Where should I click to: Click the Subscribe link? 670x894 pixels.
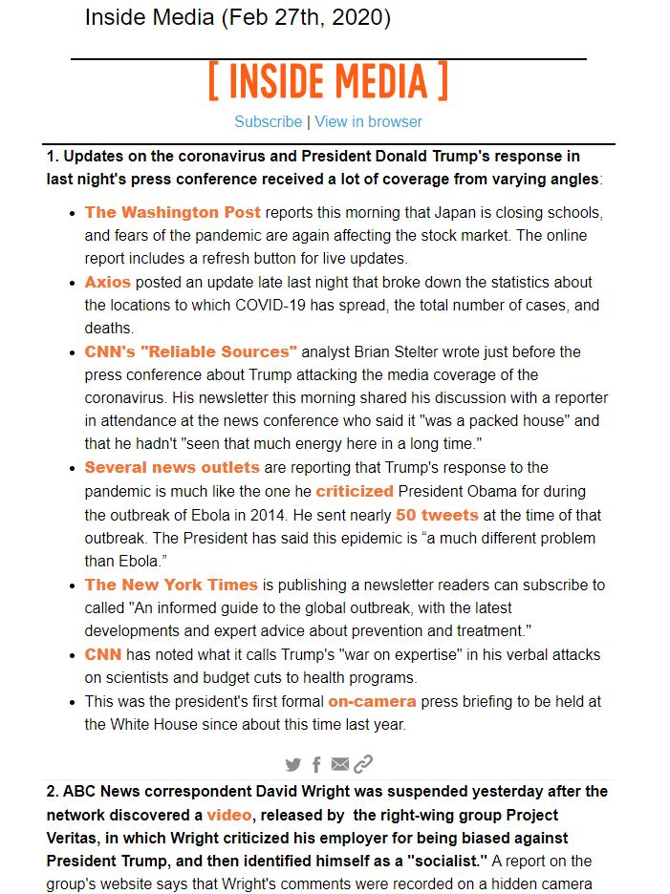point(268,121)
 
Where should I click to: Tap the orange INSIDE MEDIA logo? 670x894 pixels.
point(328,82)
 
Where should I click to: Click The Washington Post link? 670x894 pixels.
point(172,212)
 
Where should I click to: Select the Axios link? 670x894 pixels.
point(107,282)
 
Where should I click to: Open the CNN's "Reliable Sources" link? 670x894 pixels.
point(191,351)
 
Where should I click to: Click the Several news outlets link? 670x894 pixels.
point(172,467)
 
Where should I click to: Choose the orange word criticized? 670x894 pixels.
point(355,491)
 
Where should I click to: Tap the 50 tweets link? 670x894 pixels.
point(437,515)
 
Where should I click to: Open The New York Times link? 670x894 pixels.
point(171,585)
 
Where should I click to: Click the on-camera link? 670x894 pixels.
point(372,701)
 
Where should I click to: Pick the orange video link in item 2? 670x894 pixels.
point(229,815)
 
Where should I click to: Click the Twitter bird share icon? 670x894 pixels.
point(293,764)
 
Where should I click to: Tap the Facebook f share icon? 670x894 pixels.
point(316,764)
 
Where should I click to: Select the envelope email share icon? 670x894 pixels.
point(340,764)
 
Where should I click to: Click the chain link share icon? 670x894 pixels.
point(363,764)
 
